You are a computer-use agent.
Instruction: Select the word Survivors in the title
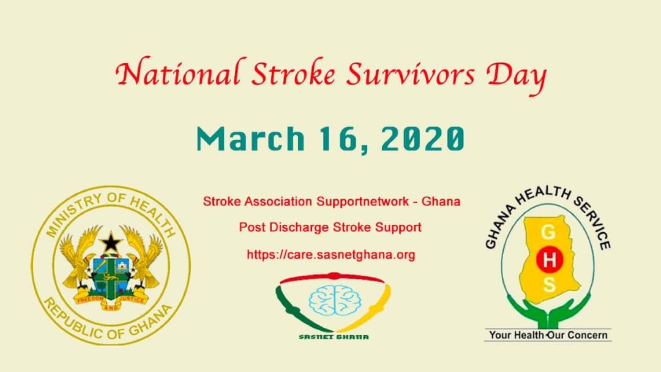click(x=411, y=74)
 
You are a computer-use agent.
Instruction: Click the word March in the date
click(x=250, y=139)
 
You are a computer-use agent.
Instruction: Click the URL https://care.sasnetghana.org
click(x=331, y=255)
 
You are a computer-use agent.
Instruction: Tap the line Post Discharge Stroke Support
click(x=330, y=228)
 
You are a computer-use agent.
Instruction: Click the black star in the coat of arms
click(x=111, y=242)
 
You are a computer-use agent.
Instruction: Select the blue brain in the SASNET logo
click(x=335, y=300)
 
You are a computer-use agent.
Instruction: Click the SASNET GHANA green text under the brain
click(x=334, y=337)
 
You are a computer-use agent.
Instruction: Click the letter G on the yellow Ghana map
click(x=548, y=233)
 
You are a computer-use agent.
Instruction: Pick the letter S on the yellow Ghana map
click(x=549, y=285)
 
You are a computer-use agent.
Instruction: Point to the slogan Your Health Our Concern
click(x=548, y=335)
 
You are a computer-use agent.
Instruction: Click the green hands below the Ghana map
click(x=549, y=312)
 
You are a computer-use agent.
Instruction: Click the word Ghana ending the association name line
click(x=441, y=202)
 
